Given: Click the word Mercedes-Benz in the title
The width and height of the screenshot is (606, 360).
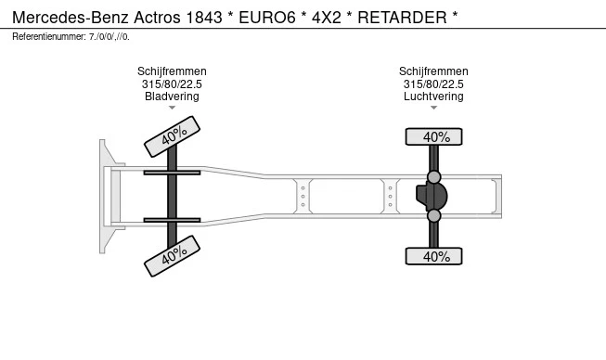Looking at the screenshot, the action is (x=71, y=18).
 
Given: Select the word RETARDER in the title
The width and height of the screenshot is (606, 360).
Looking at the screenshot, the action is (x=402, y=18).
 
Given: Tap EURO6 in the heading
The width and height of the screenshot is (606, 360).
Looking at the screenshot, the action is (x=267, y=18).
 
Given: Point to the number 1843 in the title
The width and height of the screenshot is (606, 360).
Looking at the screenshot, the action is (x=204, y=18).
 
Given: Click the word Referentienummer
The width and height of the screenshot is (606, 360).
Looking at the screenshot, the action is (x=48, y=37).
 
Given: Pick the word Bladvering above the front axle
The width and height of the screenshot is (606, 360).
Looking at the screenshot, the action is (x=172, y=96).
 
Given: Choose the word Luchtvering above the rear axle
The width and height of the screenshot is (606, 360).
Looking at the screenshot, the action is (x=433, y=96).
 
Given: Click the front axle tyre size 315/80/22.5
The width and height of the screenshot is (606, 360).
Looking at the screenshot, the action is (x=172, y=84).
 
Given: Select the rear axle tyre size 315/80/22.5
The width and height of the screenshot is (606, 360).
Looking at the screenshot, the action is (x=433, y=84).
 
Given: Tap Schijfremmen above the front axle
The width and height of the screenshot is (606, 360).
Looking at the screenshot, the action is (x=172, y=71).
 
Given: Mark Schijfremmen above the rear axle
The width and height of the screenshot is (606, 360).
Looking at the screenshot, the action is (x=433, y=71).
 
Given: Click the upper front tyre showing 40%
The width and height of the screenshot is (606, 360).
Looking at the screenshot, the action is (x=172, y=136).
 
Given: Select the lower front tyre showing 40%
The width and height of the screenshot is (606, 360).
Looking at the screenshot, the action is (x=172, y=256).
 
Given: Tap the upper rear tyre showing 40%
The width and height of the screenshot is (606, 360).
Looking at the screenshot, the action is (x=433, y=136).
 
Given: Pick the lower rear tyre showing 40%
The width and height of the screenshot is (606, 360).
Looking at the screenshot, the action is (x=433, y=256).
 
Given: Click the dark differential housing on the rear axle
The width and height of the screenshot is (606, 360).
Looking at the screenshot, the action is (x=432, y=196).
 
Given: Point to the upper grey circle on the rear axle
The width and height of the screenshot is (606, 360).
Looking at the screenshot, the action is (x=434, y=177).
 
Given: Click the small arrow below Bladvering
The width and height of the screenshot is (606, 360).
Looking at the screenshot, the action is (x=172, y=108).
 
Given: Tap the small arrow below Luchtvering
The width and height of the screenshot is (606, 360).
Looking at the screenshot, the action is (x=433, y=108).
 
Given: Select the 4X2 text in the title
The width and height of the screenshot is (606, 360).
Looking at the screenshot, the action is (x=327, y=18).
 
